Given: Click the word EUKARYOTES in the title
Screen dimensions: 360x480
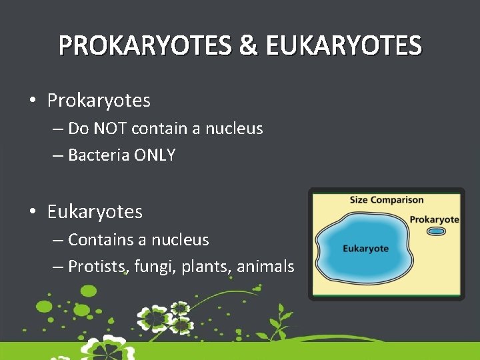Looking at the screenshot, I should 343,46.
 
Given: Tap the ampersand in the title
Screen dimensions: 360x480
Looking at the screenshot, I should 247,46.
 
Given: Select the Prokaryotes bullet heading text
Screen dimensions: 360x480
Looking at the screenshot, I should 99,101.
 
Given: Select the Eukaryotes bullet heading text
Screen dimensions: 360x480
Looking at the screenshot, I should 95,212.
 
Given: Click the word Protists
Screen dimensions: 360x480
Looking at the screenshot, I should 97,267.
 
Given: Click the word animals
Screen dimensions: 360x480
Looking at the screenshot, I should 265,267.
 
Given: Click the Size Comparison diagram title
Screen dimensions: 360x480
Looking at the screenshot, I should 387,200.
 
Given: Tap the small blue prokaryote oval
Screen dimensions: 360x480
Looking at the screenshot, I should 436,231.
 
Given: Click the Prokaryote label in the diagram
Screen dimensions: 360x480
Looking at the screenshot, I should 434,219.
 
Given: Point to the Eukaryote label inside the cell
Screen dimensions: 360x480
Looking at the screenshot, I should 365,249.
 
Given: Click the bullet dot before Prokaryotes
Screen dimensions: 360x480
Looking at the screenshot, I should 32,101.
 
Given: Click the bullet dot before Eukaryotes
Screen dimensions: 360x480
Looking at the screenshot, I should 32,213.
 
